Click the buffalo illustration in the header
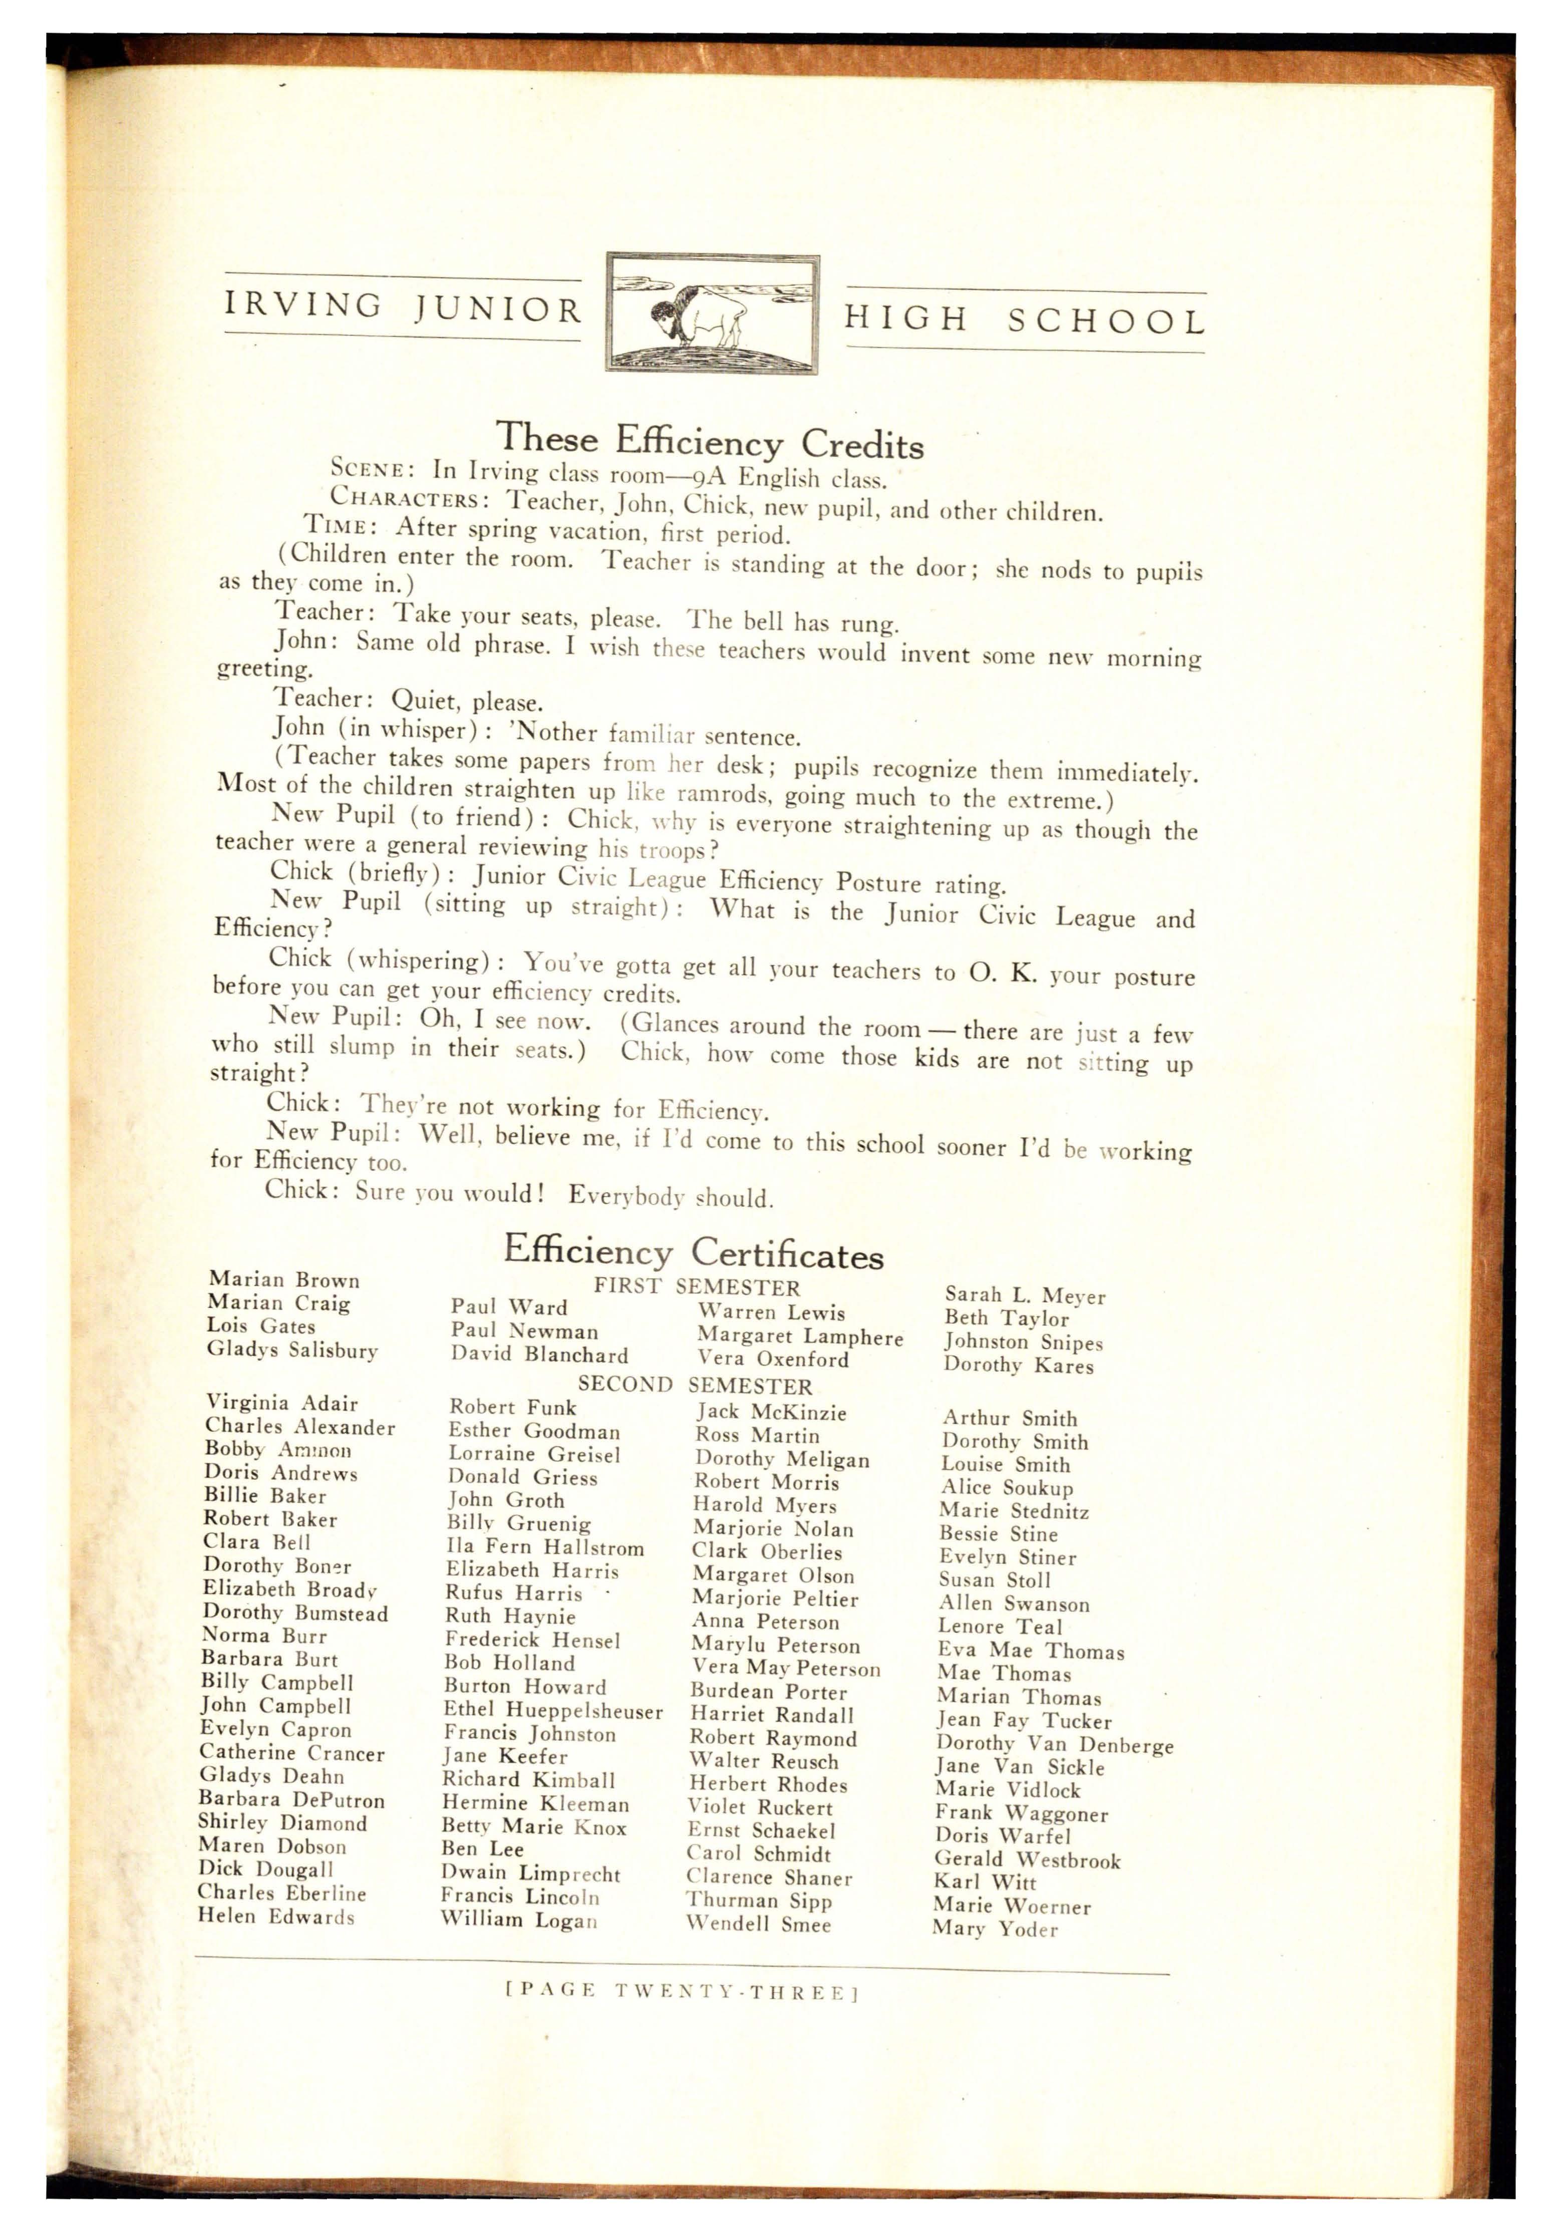[712, 313]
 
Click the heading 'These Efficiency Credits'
[710, 440]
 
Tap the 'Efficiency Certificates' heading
[693, 1253]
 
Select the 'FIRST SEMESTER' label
[697, 1287]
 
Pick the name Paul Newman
[524, 1331]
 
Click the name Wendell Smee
[758, 1923]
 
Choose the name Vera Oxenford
[773, 1359]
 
